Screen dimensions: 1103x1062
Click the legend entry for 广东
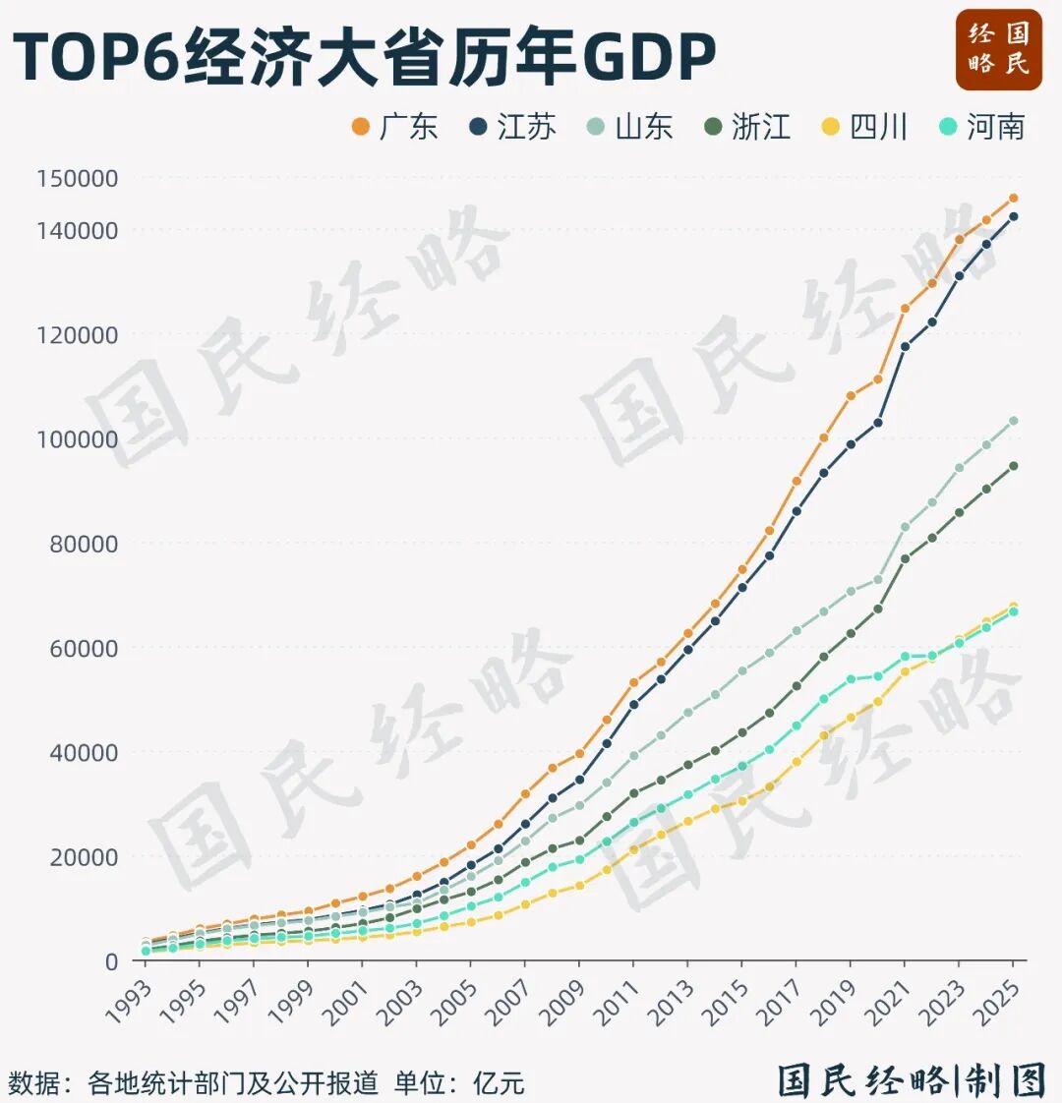394,127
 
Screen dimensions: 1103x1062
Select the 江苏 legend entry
512,127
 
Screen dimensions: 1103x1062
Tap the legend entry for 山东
630,127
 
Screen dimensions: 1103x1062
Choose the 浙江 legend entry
747,127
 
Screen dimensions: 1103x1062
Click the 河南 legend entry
982,127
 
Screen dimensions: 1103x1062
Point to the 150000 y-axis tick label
77,179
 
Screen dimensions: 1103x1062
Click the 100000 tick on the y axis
77,439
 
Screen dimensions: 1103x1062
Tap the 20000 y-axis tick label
83,857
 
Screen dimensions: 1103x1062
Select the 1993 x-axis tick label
131,1001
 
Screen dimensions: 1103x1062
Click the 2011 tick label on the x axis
620,1001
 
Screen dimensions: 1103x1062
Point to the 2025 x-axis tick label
999,1001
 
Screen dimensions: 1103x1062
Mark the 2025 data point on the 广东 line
1013,199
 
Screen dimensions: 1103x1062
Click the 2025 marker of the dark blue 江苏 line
1013,216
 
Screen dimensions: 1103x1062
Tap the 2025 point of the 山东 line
1013,421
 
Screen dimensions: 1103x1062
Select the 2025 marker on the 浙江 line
1013,466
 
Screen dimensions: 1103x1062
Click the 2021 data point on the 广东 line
905,309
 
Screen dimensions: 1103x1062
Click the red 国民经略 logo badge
998,49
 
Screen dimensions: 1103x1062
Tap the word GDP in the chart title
649,57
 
